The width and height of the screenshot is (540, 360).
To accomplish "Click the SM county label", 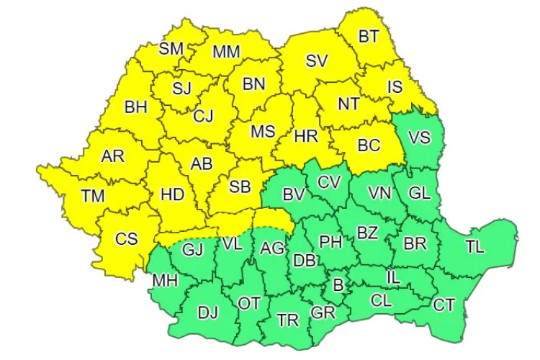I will tap(171, 49).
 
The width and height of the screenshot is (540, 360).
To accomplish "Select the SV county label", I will tap(316, 61).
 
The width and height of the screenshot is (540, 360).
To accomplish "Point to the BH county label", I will tap(135, 107).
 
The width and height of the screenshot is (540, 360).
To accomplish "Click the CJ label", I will tap(204, 115).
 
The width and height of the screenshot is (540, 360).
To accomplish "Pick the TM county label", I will tap(92, 195).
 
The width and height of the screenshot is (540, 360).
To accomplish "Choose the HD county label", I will tap(171, 194).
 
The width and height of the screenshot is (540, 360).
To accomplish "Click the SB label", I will tap(240, 186).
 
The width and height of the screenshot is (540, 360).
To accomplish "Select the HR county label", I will tap(307, 135).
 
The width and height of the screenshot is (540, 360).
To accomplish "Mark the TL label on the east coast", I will tap(474, 246).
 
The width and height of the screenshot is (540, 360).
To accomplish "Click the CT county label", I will tap(444, 305).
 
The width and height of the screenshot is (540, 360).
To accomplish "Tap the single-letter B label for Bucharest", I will tap(338, 284).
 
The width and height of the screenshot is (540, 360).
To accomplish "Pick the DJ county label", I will tap(207, 312).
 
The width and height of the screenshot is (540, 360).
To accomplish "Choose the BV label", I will tap(293, 194).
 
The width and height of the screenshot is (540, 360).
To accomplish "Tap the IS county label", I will tap(395, 86).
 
